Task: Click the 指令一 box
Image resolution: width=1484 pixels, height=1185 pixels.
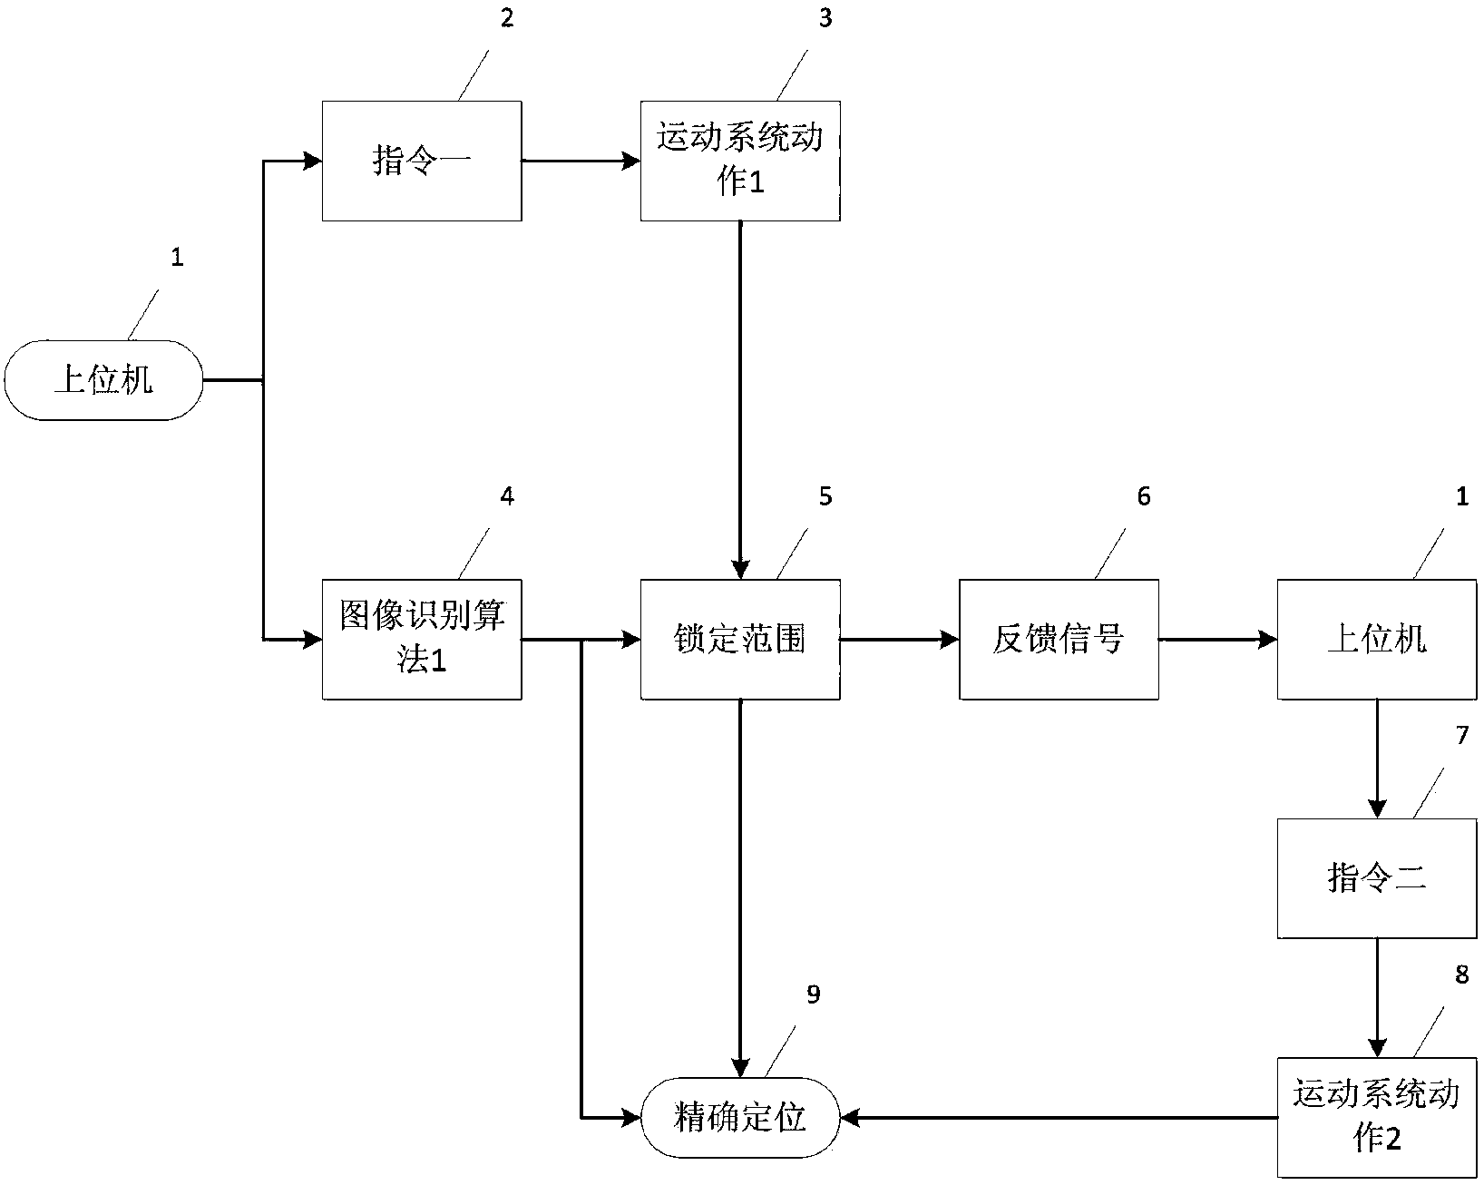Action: click(x=422, y=161)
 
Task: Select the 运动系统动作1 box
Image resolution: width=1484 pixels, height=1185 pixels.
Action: click(x=740, y=161)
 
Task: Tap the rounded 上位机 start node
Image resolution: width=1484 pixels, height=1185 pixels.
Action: click(x=103, y=380)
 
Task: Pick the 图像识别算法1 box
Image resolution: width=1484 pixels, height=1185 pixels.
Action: click(x=422, y=639)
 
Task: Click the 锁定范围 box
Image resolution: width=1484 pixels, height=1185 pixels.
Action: click(x=740, y=639)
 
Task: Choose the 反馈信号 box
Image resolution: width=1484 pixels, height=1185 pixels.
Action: click(x=1059, y=639)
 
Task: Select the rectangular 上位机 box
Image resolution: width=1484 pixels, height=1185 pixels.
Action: click(x=1377, y=639)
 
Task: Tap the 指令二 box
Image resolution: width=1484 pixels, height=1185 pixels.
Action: click(x=1377, y=877)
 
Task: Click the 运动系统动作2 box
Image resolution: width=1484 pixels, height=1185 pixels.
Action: click(x=1377, y=1117)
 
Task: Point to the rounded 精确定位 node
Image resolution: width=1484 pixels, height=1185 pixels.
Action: click(x=740, y=1117)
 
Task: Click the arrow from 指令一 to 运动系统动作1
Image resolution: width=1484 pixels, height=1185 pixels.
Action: click(x=581, y=162)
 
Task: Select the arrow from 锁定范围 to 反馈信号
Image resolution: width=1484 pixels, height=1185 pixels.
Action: click(x=899, y=640)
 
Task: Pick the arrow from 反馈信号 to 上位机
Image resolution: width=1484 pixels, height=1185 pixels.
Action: click(x=1217, y=640)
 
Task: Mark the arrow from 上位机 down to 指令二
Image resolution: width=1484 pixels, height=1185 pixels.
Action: click(x=1377, y=759)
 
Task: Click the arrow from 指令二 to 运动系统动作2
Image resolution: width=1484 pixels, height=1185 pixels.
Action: click(x=1377, y=997)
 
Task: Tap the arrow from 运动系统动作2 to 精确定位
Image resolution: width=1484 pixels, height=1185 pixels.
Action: click(x=1058, y=1118)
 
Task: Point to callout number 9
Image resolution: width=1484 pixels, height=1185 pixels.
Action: click(x=813, y=994)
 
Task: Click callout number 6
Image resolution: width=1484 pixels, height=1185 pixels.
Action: click(x=1143, y=496)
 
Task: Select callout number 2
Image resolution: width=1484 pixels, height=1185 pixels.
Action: click(x=507, y=18)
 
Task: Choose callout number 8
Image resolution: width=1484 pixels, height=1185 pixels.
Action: click(x=1461, y=974)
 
